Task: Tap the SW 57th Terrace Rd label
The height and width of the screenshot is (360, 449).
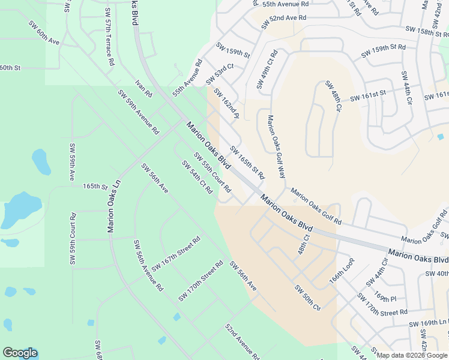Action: [109, 37]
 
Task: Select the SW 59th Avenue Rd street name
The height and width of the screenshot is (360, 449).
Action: [138, 112]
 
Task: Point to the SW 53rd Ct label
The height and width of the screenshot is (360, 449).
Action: [219, 74]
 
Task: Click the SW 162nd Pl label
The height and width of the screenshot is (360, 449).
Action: [226, 104]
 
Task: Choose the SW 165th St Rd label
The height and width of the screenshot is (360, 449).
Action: [247, 163]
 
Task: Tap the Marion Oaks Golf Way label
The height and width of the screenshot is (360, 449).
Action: [276, 147]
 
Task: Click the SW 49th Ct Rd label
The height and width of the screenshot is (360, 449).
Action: [266, 70]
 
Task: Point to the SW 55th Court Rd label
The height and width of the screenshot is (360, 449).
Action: [212, 172]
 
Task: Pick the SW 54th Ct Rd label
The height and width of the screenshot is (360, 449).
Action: [197, 177]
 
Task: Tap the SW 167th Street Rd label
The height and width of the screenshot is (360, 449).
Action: [175, 254]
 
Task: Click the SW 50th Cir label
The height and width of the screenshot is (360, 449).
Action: [307, 298]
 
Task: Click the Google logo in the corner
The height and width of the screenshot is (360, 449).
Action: [20, 353]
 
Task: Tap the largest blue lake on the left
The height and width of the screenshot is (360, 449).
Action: [22, 209]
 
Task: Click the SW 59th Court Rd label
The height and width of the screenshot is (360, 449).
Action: [73, 239]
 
